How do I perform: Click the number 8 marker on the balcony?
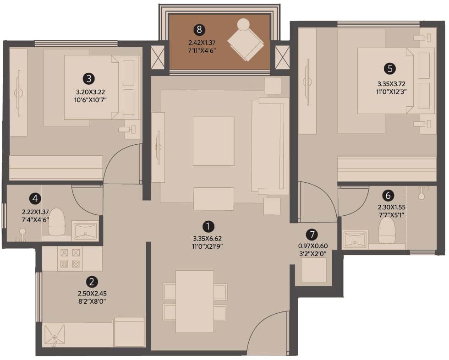click(x=199, y=29)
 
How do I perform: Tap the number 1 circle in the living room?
click(x=208, y=226)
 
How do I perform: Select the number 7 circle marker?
click(x=312, y=235)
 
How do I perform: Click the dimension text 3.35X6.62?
click(x=208, y=239)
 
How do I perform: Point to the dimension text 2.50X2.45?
click(x=92, y=294)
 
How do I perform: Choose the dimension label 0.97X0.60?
click(x=313, y=246)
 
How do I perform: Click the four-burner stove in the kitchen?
click(x=70, y=258)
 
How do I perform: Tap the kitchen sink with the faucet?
click(x=55, y=335)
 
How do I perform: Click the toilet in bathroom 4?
click(x=56, y=222)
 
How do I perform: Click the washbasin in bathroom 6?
click(x=356, y=239)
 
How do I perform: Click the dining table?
click(x=195, y=301)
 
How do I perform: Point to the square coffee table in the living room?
click(x=214, y=141)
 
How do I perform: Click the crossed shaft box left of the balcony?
click(x=158, y=57)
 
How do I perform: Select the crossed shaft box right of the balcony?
click(x=282, y=57)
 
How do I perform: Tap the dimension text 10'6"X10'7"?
click(x=90, y=100)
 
